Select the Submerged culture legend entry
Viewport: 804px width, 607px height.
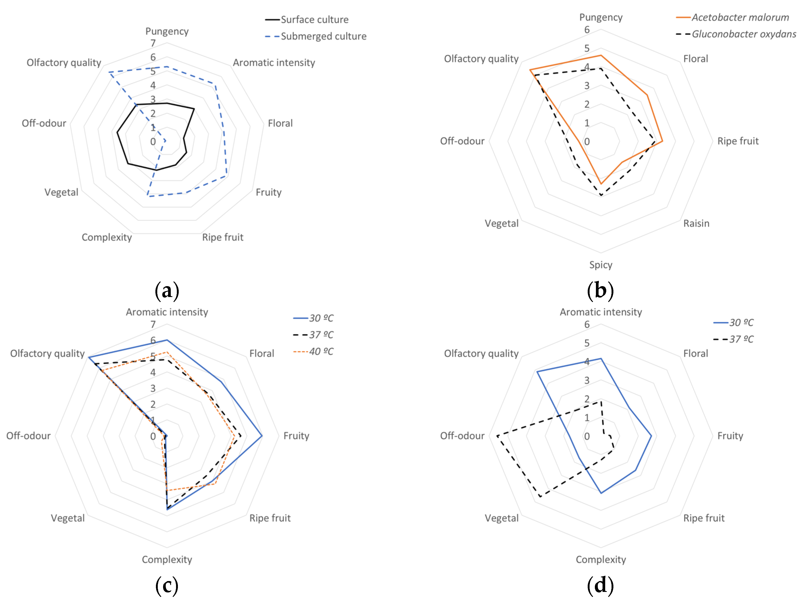click(323, 36)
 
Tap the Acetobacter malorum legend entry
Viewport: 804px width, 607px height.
click(740, 17)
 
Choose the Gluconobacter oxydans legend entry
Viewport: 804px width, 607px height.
click(744, 34)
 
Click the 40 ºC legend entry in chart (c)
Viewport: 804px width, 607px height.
click(321, 352)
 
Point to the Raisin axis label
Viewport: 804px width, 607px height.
click(696, 223)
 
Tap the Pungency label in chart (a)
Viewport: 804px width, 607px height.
click(167, 31)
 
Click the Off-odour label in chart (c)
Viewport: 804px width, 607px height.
click(28, 436)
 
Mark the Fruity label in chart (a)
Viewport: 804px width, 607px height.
click(269, 192)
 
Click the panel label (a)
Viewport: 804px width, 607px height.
click(167, 291)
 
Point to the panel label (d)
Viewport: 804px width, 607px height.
click(600, 586)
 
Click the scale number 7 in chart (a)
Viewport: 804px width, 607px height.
click(153, 43)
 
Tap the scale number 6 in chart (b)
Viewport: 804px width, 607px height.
click(587, 30)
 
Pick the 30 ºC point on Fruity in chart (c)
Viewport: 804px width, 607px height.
click(262, 436)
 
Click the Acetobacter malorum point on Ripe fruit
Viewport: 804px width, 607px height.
click(662, 141)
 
